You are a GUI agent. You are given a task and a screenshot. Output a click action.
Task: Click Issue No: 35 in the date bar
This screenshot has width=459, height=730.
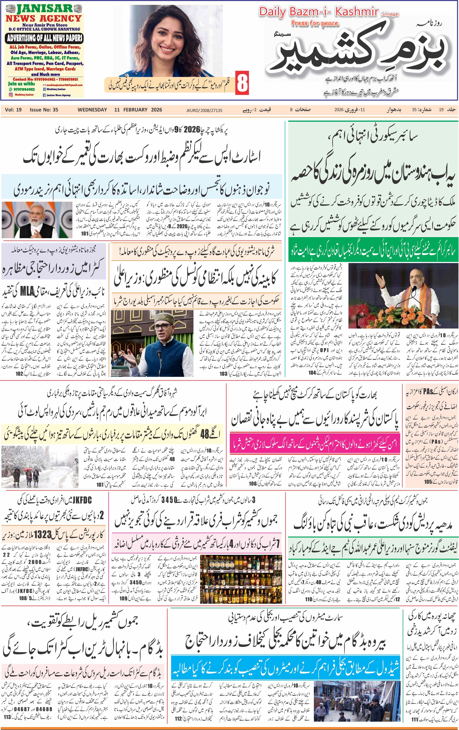pyautogui.click(x=44, y=110)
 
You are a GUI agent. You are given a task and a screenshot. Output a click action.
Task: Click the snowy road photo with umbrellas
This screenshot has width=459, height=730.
pyautogui.click(x=39, y=467)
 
